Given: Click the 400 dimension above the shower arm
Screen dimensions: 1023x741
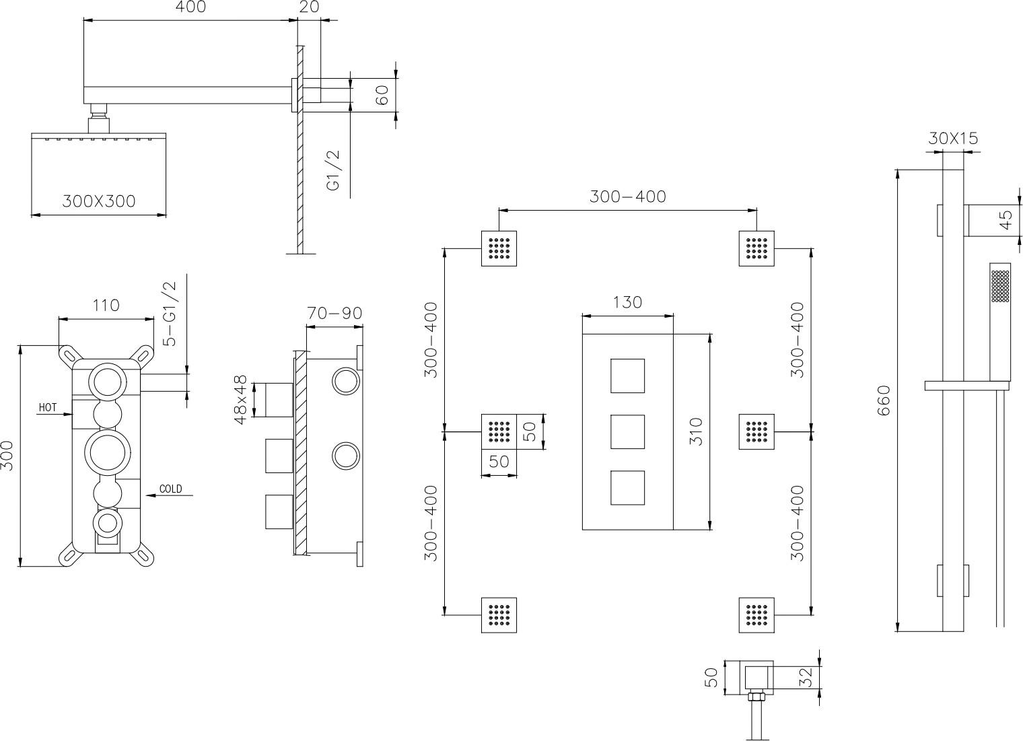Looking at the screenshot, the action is point(190,7).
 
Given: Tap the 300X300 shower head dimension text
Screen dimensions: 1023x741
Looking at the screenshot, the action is point(99,201).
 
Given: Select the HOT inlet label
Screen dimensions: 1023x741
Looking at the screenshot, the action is point(48,407).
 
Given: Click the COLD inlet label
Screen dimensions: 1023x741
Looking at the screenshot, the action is point(170,489).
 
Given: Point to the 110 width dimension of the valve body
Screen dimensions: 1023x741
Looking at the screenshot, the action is point(106,305).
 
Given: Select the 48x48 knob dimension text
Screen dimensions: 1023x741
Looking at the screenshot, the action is point(240,400).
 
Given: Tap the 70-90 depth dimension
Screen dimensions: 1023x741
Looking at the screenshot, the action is point(334,313).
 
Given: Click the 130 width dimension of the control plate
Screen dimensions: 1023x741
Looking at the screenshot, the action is point(627,302).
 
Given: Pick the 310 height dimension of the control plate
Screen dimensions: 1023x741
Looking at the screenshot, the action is point(696,431).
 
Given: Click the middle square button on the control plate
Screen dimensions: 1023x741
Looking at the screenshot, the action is point(627,431).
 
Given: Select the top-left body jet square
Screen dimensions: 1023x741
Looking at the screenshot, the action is point(499,248).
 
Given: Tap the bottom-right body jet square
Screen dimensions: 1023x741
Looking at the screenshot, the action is point(756,615).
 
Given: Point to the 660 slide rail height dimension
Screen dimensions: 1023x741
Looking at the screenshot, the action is point(884,400).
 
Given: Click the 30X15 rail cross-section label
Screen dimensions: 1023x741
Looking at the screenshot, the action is point(953,139).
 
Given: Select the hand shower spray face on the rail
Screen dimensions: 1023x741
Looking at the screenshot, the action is point(1000,286).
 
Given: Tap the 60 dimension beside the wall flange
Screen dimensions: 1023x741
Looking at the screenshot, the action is point(383,94).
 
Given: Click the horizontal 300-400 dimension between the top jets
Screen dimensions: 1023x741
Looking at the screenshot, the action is point(627,197).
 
